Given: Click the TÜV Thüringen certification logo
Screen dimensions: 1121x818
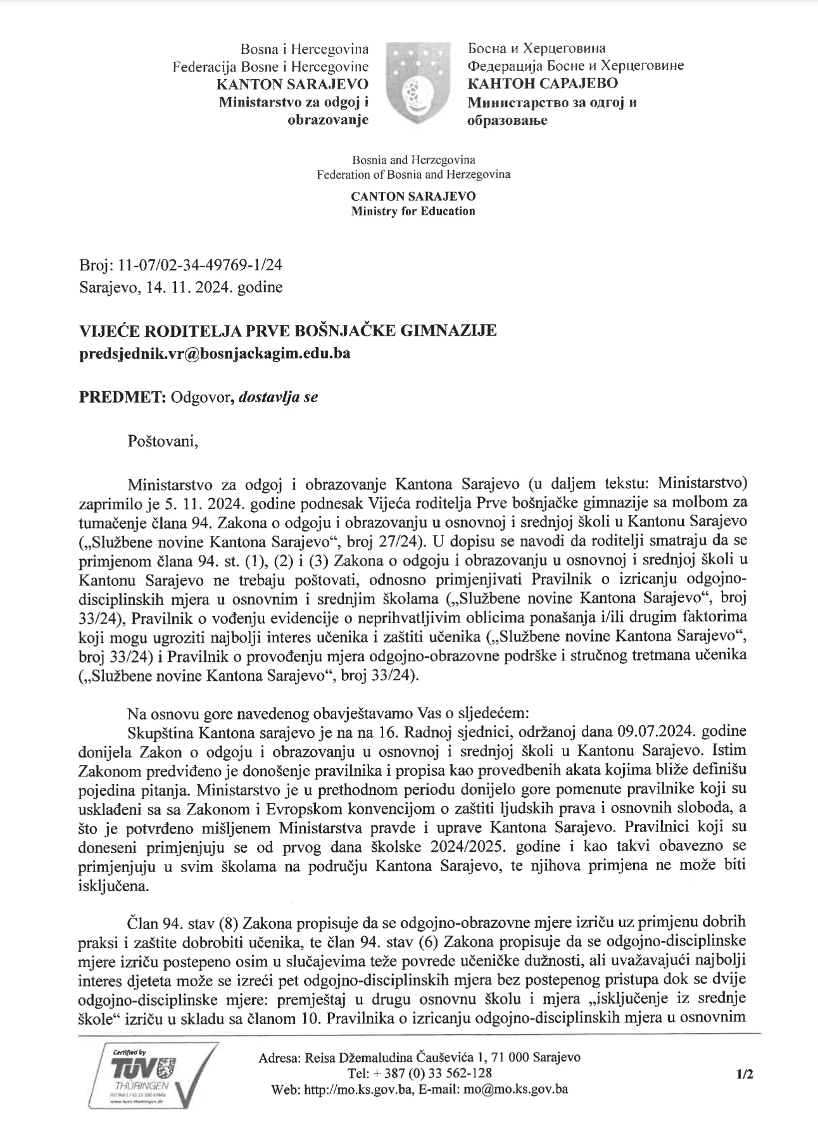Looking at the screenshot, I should [x=156, y=1075].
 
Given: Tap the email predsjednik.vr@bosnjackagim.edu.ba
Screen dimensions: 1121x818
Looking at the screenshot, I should [x=215, y=353].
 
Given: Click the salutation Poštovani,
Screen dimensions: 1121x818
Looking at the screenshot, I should [x=163, y=441].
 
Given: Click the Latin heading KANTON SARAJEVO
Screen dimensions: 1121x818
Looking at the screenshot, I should [x=293, y=84].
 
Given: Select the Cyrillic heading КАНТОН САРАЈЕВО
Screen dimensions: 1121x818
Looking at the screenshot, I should [x=543, y=84].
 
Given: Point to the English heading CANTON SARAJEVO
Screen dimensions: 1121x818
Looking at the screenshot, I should [x=413, y=197].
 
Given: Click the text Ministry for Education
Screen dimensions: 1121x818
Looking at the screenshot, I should [x=413, y=212].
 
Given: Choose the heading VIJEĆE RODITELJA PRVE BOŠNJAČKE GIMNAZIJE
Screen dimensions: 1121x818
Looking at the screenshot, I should [x=287, y=331].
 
